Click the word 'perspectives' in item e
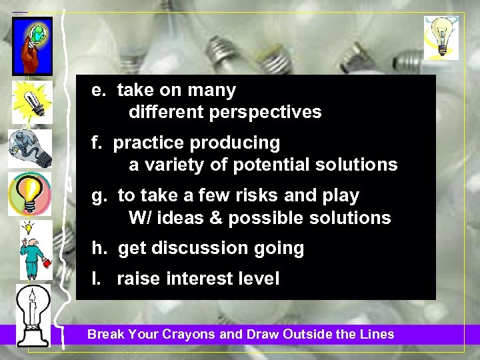(265, 113)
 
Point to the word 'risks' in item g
(263, 195)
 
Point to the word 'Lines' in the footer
(378, 335)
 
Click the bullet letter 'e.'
(99, 90)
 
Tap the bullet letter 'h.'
(99, 249)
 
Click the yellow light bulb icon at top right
(441, 37)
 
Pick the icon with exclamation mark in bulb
(29, 193)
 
